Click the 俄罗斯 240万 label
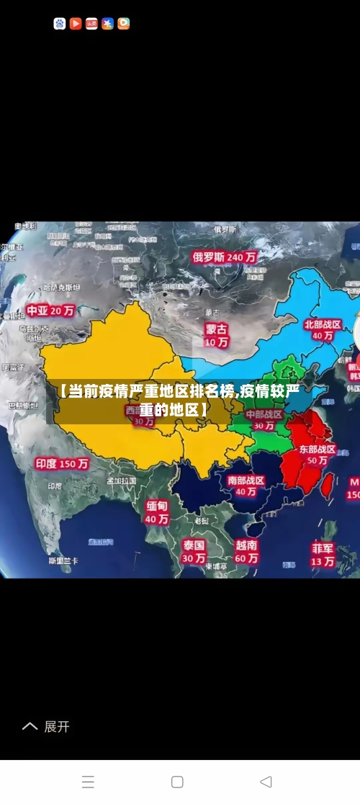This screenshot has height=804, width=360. (x=224, y=256)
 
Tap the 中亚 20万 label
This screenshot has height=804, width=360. (x=50, y=311)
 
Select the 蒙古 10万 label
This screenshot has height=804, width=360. (x=216, y=335)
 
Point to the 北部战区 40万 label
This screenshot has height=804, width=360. (x=323, y=330)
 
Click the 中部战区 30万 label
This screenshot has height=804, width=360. (x=264, y=420)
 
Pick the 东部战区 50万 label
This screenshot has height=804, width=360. (x=318, y=454)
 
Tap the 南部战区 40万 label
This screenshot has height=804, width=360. (x=246, y=486)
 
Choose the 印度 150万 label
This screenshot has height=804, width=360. (x=62, y=464)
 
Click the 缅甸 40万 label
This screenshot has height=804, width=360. (x=157, y=512)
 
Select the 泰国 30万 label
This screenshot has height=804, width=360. (x=193, y=551)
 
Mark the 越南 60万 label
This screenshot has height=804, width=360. (x=246, y=551)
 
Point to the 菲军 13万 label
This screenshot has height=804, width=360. (x=323, y=554)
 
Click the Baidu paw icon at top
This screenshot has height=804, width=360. (x=60, y=24)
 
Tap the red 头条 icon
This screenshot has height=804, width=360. (x=91, y=24)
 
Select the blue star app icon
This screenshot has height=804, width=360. (x=107, y=24)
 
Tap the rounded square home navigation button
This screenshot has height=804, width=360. (x=177, y=782)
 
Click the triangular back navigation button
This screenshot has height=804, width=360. (x=266, y=782)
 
